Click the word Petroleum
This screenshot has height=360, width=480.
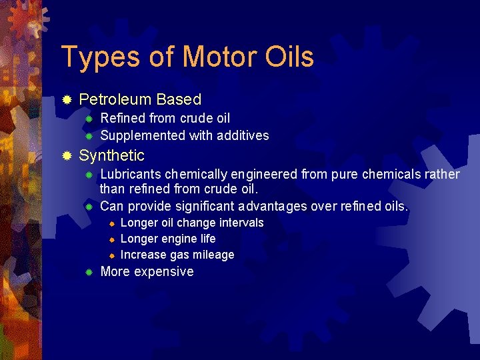[115, 100]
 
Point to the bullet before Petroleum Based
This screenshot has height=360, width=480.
[67, 100]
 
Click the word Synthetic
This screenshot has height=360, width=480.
[111, 156]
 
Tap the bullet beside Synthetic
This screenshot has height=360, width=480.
[67, 157]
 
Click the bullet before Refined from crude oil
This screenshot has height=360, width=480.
[87, 119]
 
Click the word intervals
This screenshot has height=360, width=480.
[238, 223]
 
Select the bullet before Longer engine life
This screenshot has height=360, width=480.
[112, 239]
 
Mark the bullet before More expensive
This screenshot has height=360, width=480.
[87, 272]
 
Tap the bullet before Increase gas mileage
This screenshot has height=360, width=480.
[112, 255]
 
